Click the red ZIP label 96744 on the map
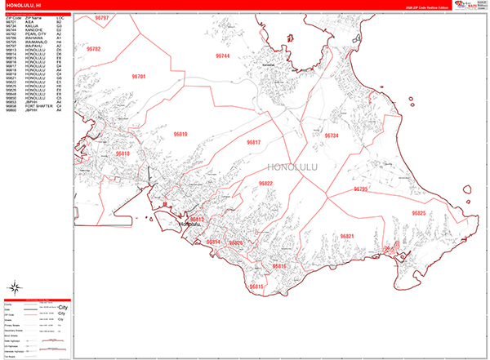[222, 56]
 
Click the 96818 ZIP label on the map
[122, 153]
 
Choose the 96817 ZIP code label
[254, 142]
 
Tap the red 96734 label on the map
[332, 136]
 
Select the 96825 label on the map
[419, 213]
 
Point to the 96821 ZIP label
[346, 236]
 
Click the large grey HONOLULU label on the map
[292, 169]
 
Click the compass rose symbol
[16, 288]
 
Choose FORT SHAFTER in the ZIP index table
[31, 106]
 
